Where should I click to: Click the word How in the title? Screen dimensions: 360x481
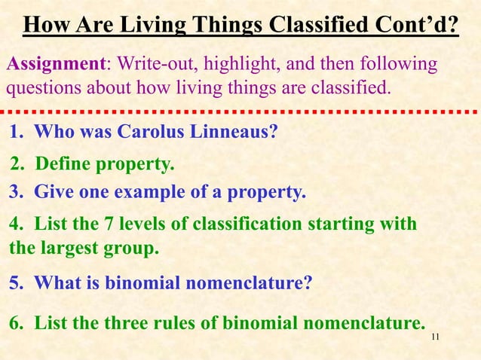(47, 25)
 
